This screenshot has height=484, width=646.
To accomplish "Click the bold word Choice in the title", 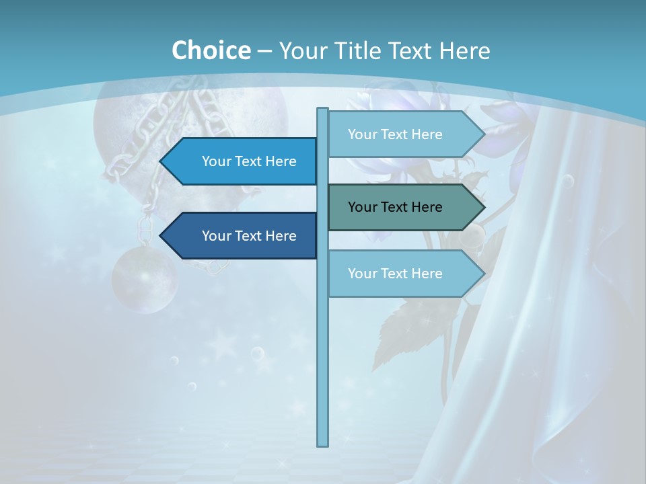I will coord(211,50).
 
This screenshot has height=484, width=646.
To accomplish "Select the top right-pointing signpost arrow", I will coord(404,134).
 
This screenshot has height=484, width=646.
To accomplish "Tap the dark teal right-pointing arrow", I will coord(404,207).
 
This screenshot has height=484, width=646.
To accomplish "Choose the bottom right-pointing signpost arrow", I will coord(404,274).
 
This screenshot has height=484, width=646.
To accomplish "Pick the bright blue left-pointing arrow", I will coord(242,161).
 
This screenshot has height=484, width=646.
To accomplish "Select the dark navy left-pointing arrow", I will coord(242,236).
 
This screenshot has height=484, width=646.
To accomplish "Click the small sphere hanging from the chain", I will coord(144,279).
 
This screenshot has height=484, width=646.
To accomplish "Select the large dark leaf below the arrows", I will coord(410,329).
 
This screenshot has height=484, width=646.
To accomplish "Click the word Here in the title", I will coord(464,50).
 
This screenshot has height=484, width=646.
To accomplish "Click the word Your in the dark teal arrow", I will coord(362,207).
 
